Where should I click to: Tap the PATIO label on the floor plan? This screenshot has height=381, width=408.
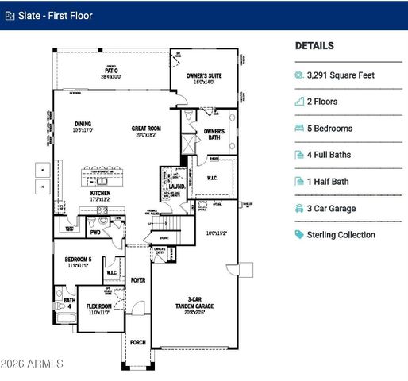(110, 73)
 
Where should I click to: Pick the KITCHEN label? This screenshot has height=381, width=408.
(100, 194)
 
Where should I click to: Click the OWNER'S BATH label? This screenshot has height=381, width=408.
(214, 134)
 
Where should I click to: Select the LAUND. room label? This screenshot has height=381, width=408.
(177, 187)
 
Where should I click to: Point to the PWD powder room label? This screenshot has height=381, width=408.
(95, 233)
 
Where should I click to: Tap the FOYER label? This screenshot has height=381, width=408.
(138, 280)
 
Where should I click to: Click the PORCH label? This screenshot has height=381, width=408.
(138, 343)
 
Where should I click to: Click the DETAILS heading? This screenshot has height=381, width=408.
(314, 46)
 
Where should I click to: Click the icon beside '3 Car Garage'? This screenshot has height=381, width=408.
(299, 209)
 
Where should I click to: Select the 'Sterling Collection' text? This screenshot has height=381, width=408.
(342, 235)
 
